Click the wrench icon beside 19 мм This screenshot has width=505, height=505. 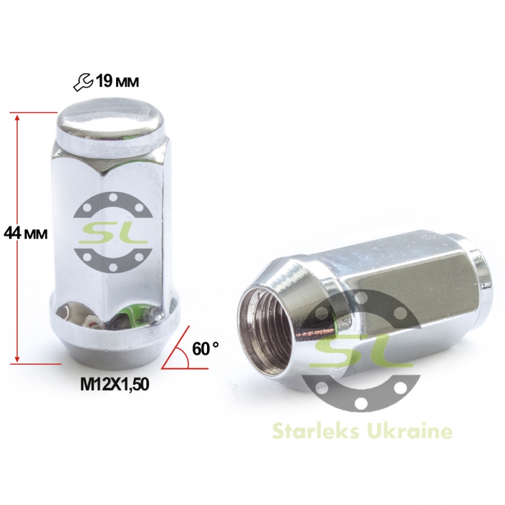coord(83,83)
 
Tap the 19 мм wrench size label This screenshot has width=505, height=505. coord(118,81)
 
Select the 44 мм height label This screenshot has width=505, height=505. coord(26,233)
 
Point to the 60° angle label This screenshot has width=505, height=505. coord(206,348)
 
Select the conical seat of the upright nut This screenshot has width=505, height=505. coord(116,350)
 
